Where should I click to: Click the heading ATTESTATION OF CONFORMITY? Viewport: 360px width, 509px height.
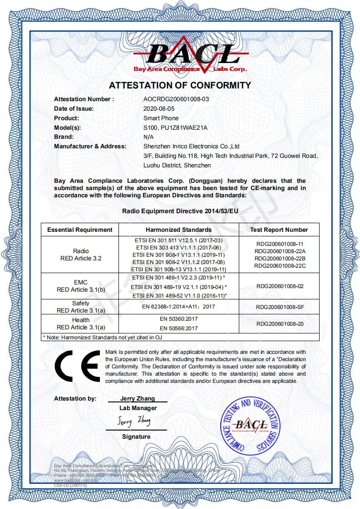point(180,85)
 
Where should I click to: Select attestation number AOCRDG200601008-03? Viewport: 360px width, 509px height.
point(176,99)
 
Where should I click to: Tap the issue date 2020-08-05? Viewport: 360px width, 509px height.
point(159,109)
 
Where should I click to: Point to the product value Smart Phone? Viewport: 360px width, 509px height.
point(161,118)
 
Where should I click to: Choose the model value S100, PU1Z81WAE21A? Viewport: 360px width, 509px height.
point(175,127)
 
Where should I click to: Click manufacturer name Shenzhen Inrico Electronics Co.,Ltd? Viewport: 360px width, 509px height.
point(191,146)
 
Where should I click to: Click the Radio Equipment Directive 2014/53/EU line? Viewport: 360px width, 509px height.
point(180,211)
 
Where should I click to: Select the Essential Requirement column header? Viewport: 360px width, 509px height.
point(80,230)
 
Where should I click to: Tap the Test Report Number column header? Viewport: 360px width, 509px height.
point(279,230)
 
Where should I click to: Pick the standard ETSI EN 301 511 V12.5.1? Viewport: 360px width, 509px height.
point(178,240)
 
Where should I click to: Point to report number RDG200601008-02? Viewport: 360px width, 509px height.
point(279,286)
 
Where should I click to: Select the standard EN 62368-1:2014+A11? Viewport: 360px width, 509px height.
point(178,307)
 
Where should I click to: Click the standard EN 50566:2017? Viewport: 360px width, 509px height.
point(178,327)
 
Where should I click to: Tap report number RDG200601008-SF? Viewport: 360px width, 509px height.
point(279,307)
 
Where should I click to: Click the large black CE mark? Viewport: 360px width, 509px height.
point(77,366)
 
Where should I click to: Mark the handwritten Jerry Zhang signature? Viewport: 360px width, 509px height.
point(134,421)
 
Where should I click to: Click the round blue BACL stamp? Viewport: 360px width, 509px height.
point(250,426)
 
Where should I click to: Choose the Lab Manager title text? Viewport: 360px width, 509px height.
point(138,408)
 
